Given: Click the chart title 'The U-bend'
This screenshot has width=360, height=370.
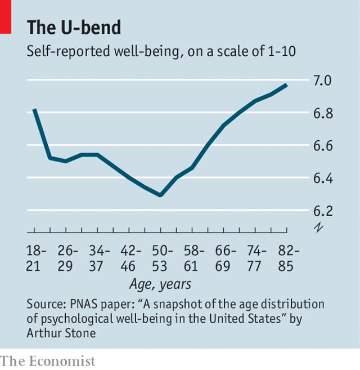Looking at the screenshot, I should [x=74, y=27].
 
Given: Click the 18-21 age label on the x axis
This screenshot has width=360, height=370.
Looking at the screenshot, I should [x=38, y=258].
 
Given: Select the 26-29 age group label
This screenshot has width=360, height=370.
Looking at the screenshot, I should [x=69, y=258].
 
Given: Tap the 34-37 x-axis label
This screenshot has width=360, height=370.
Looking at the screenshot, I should [x=100, y=258].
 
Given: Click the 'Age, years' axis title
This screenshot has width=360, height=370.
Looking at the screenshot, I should [x=160, y=284].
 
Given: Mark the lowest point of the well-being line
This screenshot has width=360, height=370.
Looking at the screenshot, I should [x=161, y=195].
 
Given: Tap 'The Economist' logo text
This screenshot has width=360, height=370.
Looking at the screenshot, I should [x=48, y=361].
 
